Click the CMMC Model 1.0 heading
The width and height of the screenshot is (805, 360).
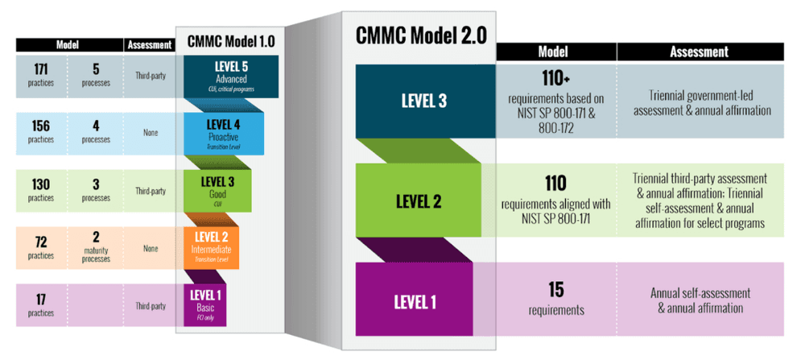coord(228,40)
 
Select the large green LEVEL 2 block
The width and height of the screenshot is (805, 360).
coord(419,201)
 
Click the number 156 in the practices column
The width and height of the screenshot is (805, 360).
coord(40,126)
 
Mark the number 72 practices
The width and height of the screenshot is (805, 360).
coord(40,241)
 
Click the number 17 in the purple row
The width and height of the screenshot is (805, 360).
coord(40,299)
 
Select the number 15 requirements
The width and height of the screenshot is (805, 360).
coord(557,289)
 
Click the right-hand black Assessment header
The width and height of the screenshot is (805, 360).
coord(699,52)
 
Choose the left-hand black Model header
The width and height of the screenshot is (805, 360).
coord(67,46)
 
